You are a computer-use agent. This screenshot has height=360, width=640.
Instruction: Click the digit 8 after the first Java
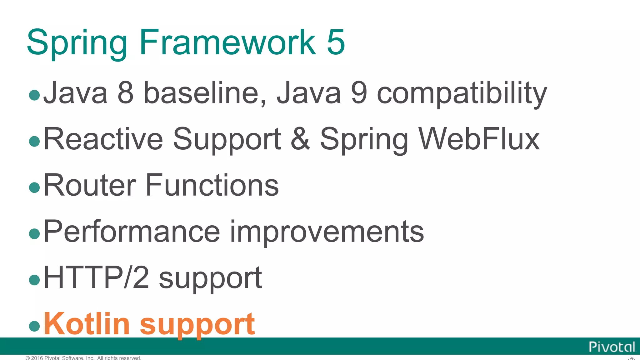[x=126, y=93]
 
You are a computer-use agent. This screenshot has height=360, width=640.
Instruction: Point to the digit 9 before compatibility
[x=359, y=93]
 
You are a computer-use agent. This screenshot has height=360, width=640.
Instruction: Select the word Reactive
[x=103, y=139]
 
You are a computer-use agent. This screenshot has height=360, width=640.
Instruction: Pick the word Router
[x=90, y=185]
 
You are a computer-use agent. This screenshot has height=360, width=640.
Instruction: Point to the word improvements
[x=327, y=232]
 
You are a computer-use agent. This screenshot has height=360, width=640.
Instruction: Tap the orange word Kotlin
[x=87, y=324]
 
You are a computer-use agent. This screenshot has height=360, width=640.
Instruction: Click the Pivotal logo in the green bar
[x=612, y=347]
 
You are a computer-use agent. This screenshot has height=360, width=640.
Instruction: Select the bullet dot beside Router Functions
[x=34, y=187]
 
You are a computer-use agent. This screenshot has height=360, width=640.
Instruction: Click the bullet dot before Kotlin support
[x=34, y=326]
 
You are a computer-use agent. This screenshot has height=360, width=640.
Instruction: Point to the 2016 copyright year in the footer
[x=37, y=358]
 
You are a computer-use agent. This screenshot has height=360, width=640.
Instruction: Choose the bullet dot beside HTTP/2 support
[x=34, y=280]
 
